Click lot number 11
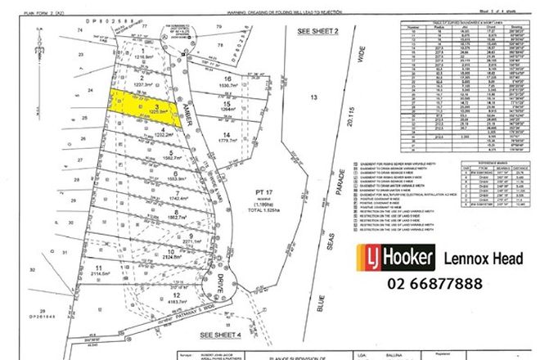click(x=98, y=268)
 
